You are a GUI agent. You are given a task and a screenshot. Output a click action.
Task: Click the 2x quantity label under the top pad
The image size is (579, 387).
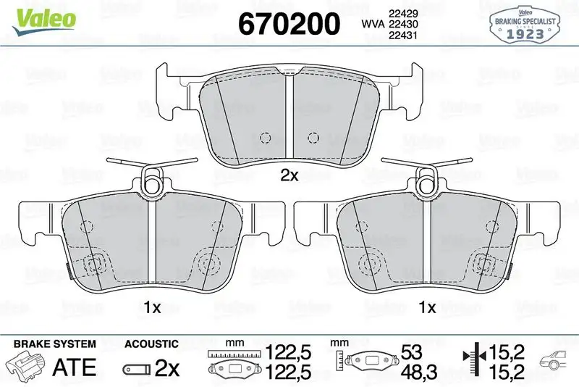click(289, 175)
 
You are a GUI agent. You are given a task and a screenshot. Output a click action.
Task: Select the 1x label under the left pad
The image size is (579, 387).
click(151, 307)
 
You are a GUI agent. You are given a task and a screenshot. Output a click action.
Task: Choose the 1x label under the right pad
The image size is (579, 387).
click(428, 307)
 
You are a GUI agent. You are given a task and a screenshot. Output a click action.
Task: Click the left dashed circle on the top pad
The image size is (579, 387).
click(264, 137)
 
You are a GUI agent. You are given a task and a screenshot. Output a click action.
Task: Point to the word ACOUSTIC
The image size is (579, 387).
click(151, 344)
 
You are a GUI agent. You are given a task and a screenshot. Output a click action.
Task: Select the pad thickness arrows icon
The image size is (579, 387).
click(471, 361)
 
